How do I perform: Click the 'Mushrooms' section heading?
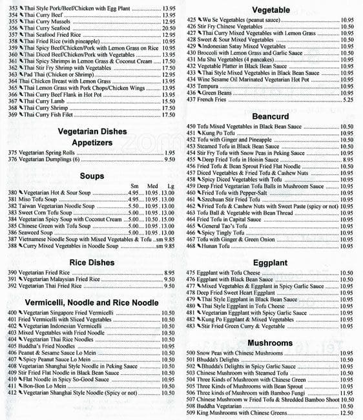[270, 342]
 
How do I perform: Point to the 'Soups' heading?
[92, 175]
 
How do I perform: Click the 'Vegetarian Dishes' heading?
[92, 131]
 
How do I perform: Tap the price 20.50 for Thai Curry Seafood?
[168, 28]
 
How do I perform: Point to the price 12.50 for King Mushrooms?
[346, 413]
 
